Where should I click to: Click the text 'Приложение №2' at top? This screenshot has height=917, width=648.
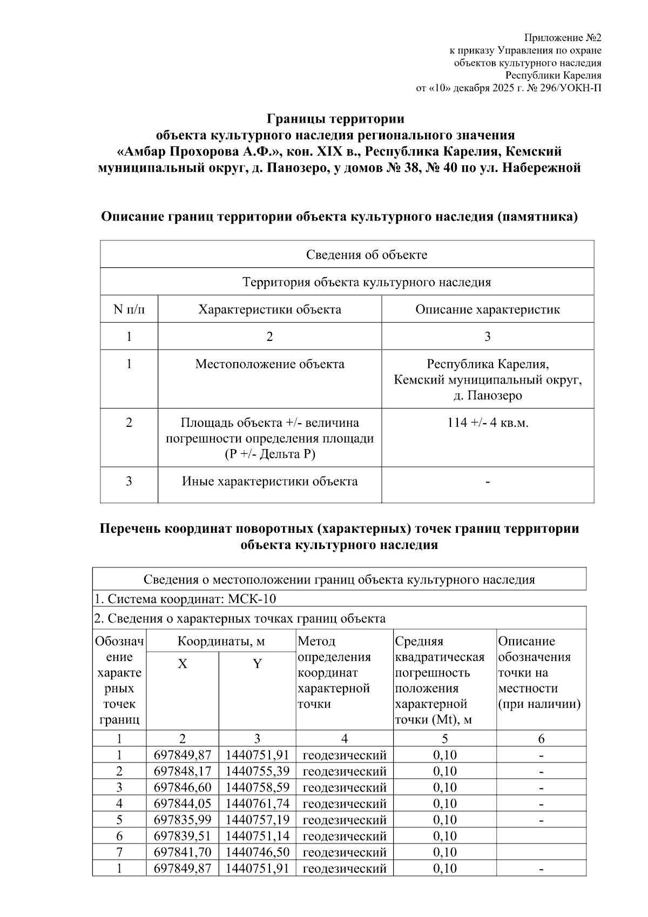click(562, 38)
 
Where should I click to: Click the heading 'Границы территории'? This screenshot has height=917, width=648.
click(336, 118)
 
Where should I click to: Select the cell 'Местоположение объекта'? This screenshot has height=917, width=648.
click(269, 364)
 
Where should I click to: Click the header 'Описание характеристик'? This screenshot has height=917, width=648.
click(487, 310)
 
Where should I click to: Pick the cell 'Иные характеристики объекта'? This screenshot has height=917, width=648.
click(269, 481)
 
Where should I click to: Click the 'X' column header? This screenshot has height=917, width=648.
click(183, 664)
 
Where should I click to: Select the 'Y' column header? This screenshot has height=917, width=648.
click(257, 664)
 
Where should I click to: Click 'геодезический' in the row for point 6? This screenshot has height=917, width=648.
click(345, 836)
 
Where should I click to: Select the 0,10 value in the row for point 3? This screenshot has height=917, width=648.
click(444, 787)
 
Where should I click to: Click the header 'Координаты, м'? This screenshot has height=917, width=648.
click(221, 641)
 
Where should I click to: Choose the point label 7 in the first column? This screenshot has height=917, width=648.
click(119, 852)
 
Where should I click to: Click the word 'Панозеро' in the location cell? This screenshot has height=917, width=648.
click(495, 396)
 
